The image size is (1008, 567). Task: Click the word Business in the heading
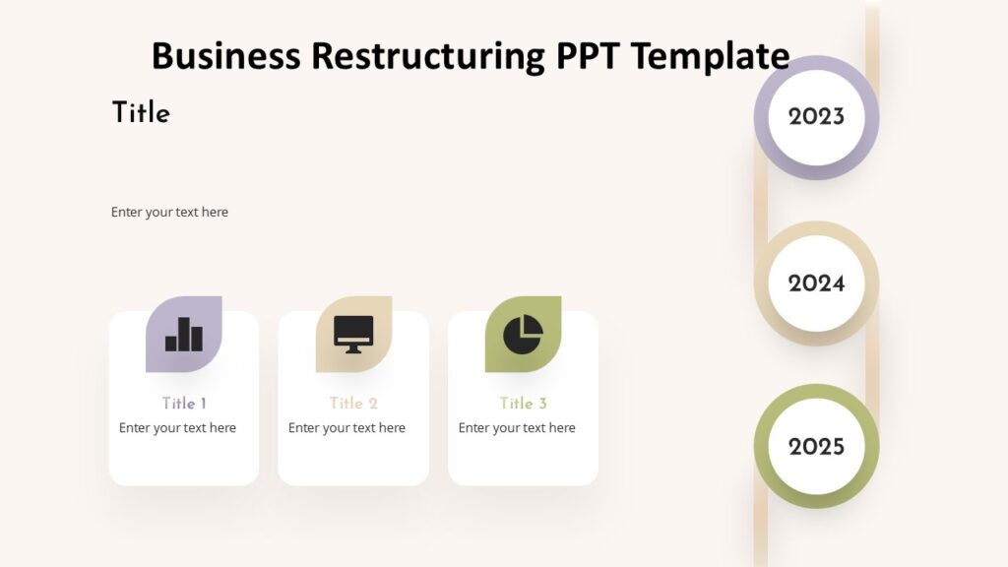coord(225,55)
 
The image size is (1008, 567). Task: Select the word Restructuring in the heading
coord(428,55)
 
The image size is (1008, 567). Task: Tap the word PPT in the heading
coord(589,55)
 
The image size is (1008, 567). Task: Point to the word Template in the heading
coord(710,55)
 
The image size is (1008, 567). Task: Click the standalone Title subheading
coord(141,113)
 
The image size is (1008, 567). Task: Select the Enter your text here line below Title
coord(169,212)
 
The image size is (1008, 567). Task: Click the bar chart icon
coord(184,335)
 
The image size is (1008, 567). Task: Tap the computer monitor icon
coord(353,335)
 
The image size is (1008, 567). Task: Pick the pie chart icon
coord(523,335)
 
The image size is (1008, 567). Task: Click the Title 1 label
coord(184,403)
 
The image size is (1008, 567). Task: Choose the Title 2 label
coord(353,403)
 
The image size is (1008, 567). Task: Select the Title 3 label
coord(523,403)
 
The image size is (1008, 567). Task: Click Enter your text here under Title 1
coord(177,428)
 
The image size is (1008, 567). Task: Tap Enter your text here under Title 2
coord(346,428)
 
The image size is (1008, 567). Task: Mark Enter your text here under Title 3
coord(517,428)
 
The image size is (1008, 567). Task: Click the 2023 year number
coord(816,117)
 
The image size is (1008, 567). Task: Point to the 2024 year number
coord(816,283)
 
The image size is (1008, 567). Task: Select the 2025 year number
coord(816,447)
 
